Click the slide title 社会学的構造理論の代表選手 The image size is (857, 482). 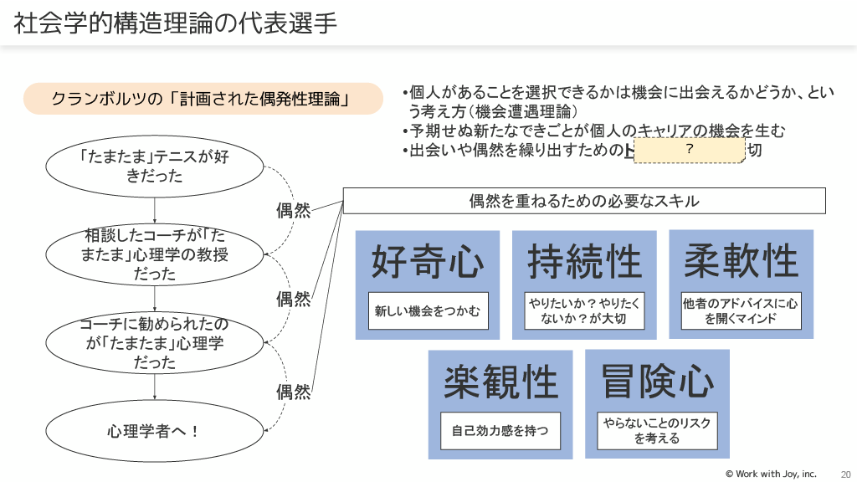(x=176, y=23)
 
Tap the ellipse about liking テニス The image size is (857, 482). (x=155, y=167)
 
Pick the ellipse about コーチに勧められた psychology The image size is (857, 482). (x=155, y=343)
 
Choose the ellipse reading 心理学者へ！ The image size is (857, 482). (x=155, y=432)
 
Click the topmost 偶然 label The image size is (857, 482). (x=293, y=210)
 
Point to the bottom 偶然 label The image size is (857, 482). (x=293, y=392)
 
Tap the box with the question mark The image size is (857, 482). (x=689, y=150)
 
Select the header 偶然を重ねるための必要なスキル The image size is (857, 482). (x=584, y=201)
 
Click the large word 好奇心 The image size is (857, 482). (x=428, y=262)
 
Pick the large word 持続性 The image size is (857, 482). (x=584, y=262)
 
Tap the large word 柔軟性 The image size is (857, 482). (x=741, y=260)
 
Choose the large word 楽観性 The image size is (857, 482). (x=500, y=382)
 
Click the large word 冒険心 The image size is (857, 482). (x=657, y=381)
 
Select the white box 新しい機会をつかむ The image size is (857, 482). (x=428, y=311)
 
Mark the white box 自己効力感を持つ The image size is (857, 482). (x=500, y=431)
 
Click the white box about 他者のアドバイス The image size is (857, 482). (x=741, y=310)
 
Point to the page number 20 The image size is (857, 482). (x=845, y=474)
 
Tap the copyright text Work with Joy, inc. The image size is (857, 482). (x=771, y=474)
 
